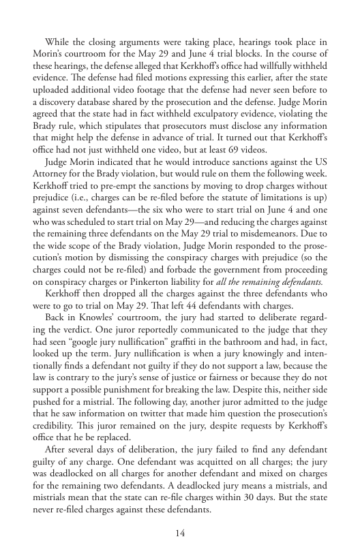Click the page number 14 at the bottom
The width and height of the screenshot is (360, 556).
pos(180,532)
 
